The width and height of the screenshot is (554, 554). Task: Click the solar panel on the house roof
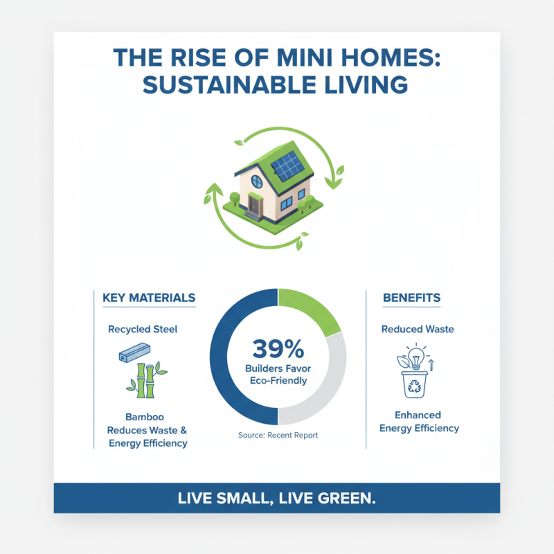pos(287,166)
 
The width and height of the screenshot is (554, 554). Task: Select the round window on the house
pos(257,182)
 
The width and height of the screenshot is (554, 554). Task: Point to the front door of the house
pos(253,205)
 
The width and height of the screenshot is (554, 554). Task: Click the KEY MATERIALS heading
pos(148,298)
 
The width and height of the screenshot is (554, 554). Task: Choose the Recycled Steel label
pos(143,329)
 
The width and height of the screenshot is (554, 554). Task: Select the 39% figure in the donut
pos(277,347)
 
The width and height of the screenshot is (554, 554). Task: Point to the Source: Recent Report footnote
pos(277,436)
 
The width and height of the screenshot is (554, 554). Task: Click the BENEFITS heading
pos(411,298)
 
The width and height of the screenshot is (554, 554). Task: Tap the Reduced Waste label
pos(418,329)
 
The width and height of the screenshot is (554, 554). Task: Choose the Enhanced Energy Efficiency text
pos(418,422)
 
